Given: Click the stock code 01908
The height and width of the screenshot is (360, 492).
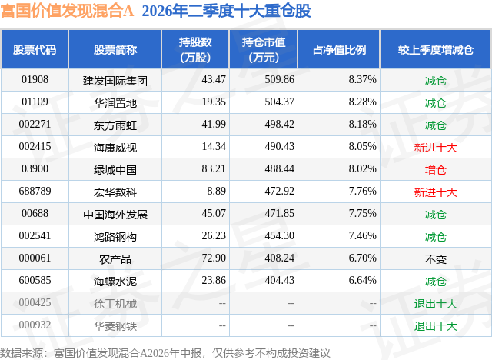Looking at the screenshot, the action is [35, 80].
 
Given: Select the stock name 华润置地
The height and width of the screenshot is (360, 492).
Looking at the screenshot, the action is [115, 103].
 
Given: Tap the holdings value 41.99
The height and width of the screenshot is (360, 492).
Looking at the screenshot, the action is [214, 125].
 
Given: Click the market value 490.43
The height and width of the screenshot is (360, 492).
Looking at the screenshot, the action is [279, 147].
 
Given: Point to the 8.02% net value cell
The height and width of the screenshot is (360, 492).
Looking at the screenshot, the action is [362, 169].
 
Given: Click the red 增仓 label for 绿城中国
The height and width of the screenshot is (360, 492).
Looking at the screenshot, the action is [436, 170].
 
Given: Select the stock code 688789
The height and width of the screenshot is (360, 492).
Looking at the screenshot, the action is [35, 191].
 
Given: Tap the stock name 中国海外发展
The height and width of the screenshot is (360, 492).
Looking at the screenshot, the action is [115, 215].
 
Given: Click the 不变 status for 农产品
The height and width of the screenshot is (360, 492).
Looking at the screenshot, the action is [436, 259].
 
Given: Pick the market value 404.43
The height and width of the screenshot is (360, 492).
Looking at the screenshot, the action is [279, 280].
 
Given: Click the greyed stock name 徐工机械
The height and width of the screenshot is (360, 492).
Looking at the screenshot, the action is [115, 304].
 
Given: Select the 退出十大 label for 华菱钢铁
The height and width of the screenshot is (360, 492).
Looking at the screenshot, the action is [436, 326].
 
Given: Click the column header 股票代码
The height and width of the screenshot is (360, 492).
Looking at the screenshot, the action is [35, 49].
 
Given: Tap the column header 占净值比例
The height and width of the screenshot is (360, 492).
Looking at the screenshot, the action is [340, 49].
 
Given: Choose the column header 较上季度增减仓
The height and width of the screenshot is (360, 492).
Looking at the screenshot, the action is [436, 49].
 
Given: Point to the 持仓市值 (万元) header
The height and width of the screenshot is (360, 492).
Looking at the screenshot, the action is [264, 49].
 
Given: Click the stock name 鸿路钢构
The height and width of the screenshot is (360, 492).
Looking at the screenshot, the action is [115, 237].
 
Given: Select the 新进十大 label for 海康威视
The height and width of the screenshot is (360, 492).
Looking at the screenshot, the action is [436, 148].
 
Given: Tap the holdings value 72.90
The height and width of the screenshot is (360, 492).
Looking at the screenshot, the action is [214, 258].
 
